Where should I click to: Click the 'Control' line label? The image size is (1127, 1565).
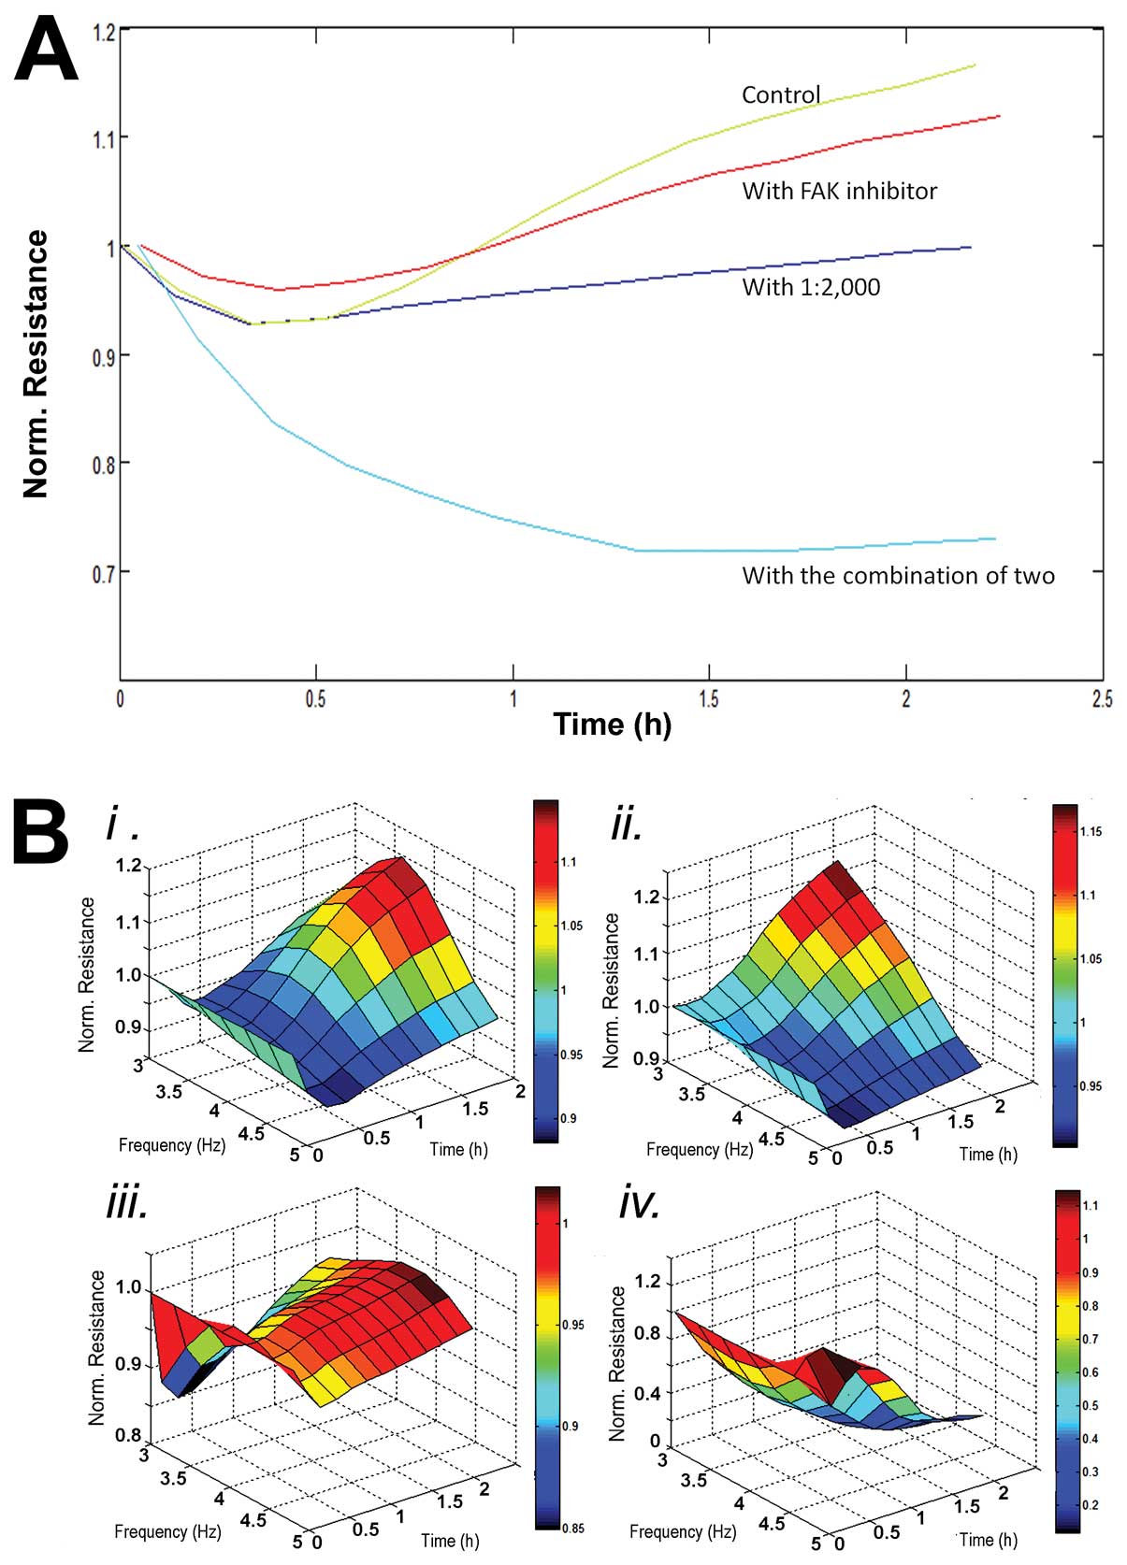(780, 94)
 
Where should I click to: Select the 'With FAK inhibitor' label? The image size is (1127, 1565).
(839, 192)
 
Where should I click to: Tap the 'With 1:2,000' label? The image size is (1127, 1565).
(811, 287)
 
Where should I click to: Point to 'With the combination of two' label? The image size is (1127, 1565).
(898, 576)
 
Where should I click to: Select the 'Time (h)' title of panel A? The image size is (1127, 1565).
(612, 725)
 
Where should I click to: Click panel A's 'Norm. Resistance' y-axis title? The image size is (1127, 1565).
(36, 364)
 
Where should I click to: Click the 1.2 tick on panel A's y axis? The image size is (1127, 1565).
(103, 32)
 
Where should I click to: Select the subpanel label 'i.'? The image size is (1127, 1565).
(122, 825)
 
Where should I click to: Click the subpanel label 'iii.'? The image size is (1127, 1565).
(127, 1206)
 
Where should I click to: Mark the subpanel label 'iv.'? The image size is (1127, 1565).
(639, 1206)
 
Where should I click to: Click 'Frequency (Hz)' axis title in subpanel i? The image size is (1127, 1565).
(172, 1145)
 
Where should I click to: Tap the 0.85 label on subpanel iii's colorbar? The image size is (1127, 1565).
(572, 1529)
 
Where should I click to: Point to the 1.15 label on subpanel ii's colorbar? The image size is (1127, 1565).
(1091, 831)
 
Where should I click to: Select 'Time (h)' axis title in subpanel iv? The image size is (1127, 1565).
(988, 1539)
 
